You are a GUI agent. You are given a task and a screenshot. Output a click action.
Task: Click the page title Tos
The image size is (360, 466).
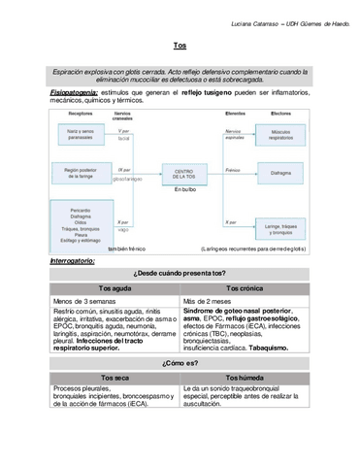pyautogui.click(x=180, y=46)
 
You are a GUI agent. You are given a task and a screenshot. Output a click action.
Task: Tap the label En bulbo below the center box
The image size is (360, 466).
pyautogui.click(x=180, y=189)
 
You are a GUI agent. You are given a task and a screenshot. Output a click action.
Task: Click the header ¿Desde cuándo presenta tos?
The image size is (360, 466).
pyautogui.click(x=180, y=275)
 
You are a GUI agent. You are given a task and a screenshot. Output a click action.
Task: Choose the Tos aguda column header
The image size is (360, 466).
pyautogui.click(x=115, y=289)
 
